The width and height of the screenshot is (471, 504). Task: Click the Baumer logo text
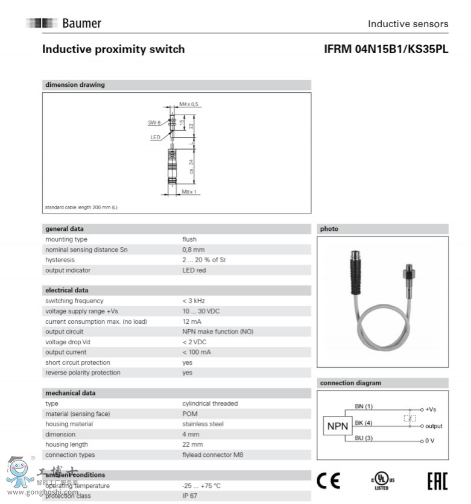(81, 24)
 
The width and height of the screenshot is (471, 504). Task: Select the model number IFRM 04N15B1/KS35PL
(386, 49)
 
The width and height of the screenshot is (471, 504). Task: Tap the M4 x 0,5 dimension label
(189, 104)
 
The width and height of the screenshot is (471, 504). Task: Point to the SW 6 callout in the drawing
(154, 122)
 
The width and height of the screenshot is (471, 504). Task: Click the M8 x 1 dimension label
(189, 192)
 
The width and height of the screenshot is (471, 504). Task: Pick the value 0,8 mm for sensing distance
(194, 250)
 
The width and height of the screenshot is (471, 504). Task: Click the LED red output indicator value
(194, 270)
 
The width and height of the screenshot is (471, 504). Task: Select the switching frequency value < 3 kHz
(194, 301)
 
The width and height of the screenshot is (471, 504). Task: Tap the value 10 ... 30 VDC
(201, 311)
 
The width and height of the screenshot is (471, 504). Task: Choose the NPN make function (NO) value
(218, 332)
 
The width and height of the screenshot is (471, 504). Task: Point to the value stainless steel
(203, 424)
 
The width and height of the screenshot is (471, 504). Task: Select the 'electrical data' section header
(66, 291)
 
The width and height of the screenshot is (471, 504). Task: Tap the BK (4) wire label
(364, 423)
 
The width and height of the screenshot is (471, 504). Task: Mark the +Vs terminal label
(430, 409)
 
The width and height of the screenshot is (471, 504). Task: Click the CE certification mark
(329, 480)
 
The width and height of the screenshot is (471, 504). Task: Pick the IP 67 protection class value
(191, 496)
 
